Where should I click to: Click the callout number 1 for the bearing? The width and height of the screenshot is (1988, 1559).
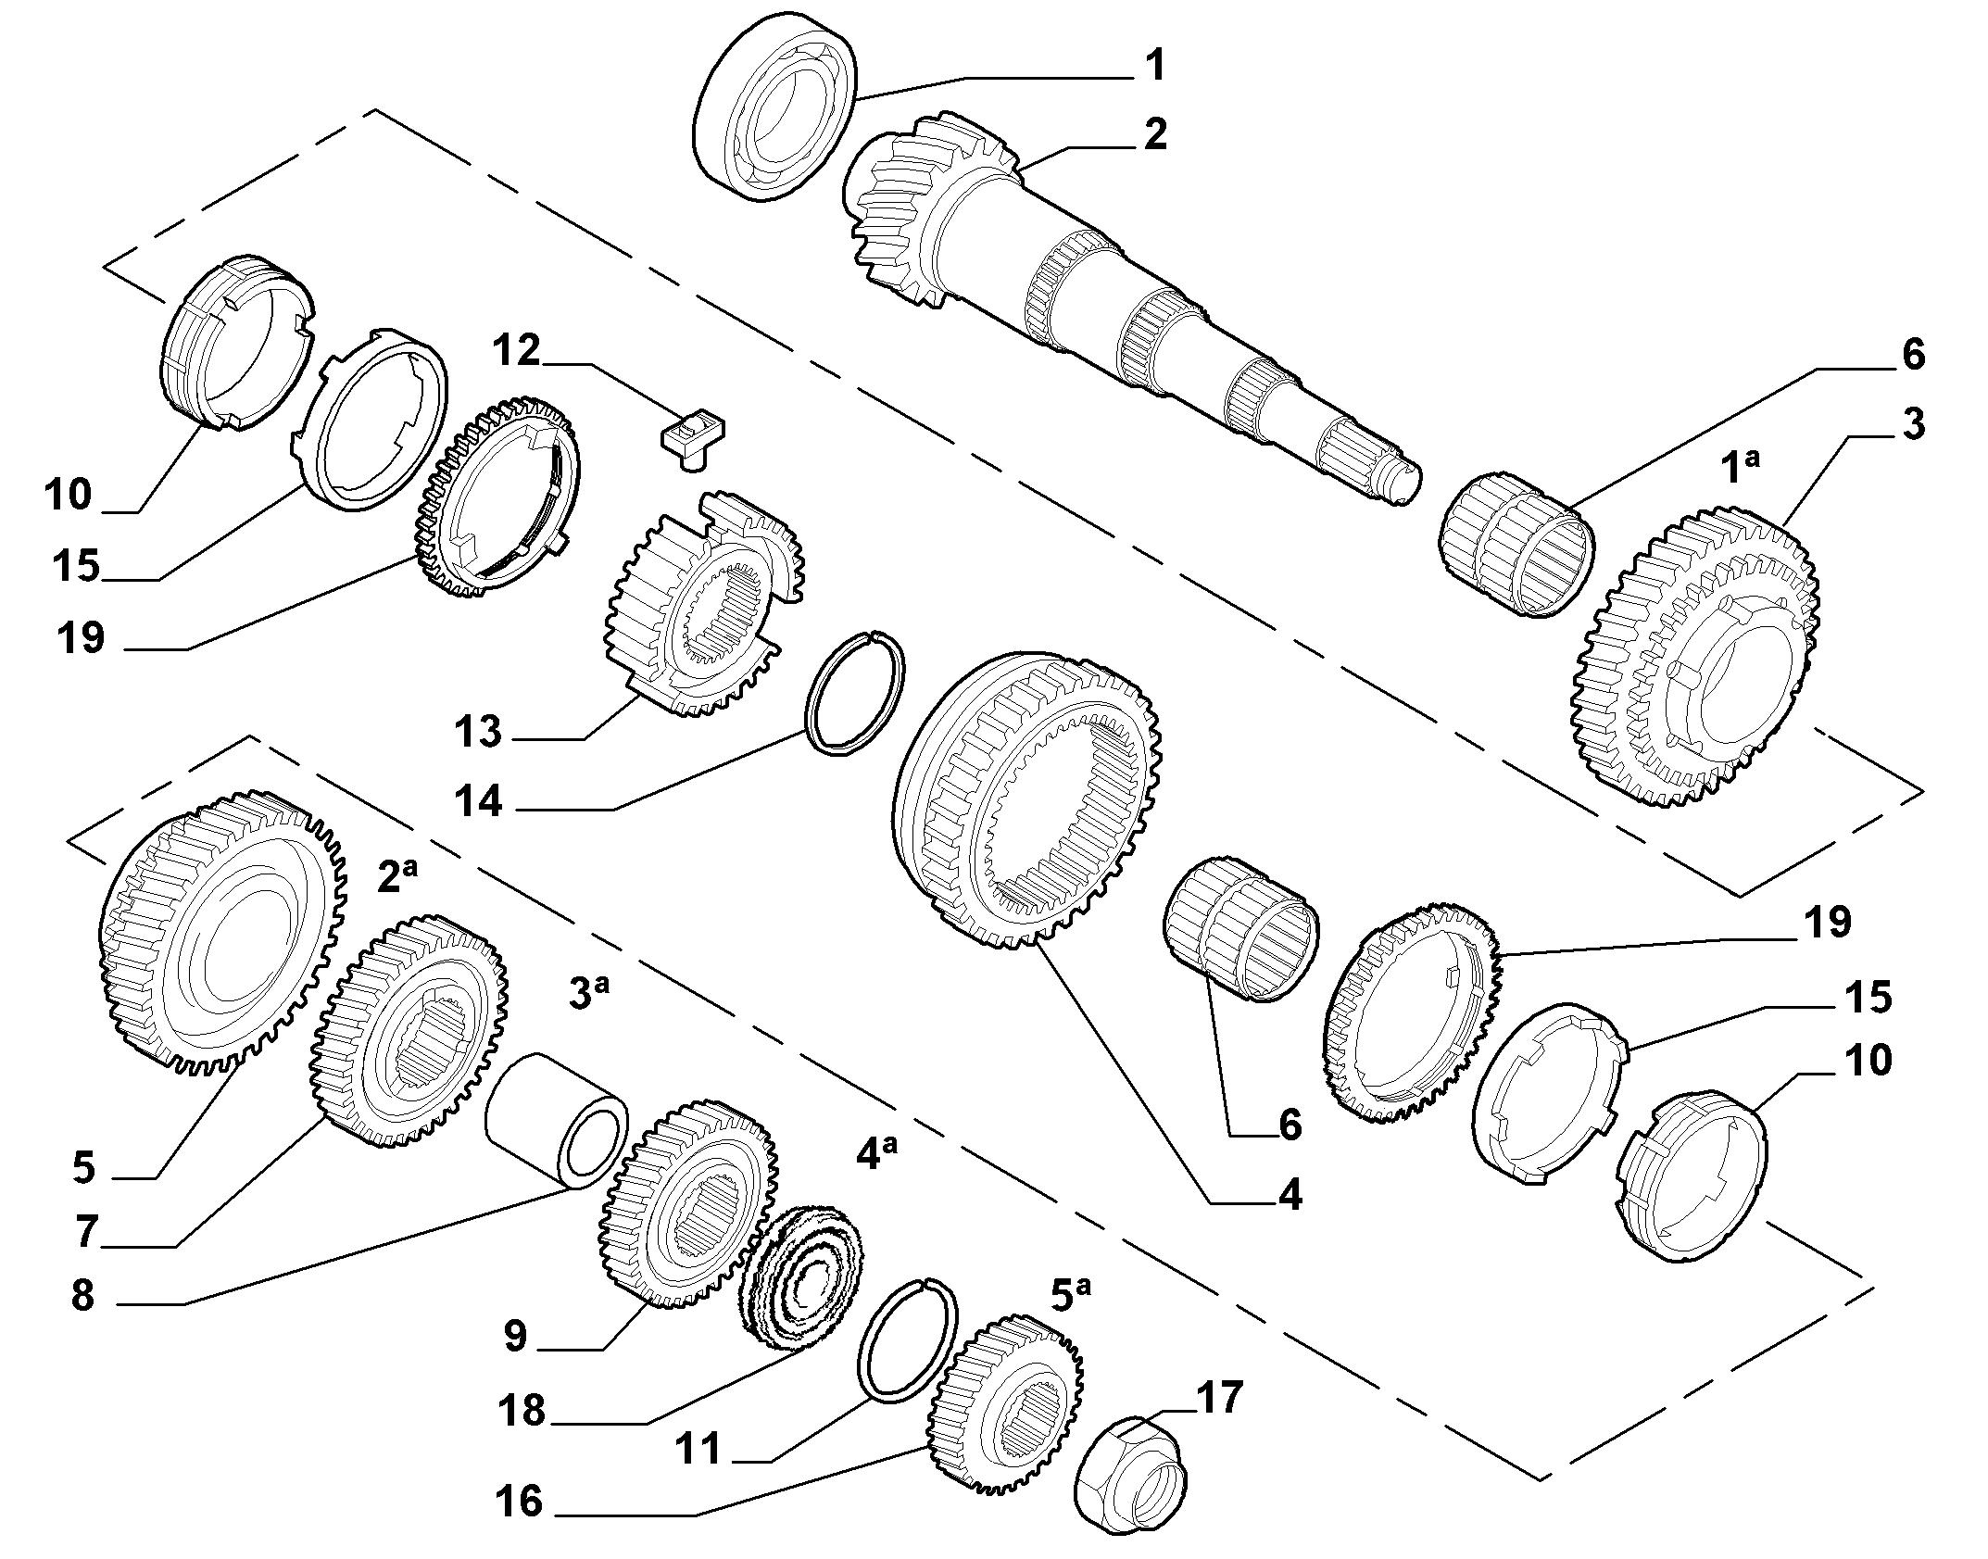(x=1154, y=67)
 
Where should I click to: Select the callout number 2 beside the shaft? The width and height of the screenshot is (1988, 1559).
(x=1154, y=134)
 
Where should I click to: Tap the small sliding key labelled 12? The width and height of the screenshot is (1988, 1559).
(x=692, y=441)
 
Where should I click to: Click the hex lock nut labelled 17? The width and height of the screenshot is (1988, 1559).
(x=1130, y=1480)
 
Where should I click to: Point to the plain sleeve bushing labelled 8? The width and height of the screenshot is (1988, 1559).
(x=555, y=1120)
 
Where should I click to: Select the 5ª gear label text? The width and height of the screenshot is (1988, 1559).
(x=1072, y=1294)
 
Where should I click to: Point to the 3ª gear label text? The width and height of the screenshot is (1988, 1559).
(x=588, y=993)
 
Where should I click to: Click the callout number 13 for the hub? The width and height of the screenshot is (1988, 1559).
(x=477, y=731)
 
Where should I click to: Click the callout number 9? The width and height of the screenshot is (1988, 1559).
(x=515, y=1336)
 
